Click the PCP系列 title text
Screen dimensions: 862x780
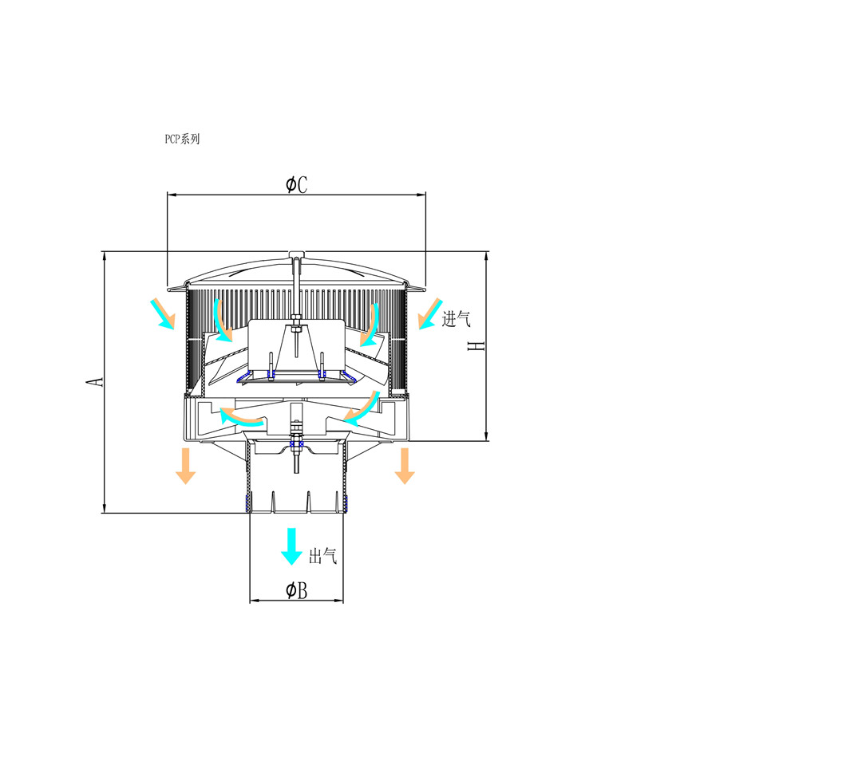(x=182, y=139)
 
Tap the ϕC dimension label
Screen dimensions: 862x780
(x=297, y=184)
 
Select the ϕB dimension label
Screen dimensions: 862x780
(x=297, y=590)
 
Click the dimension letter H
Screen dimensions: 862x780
(x=476, y=346)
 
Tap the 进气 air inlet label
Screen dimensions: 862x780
(x=457, y=318)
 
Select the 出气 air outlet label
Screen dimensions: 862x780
(x=322, y=557)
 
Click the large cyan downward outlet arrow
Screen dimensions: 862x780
(x=292, y=546)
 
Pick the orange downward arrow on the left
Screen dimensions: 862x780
(x=186, y=466)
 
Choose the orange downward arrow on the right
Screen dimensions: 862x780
(x=405, y=466)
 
